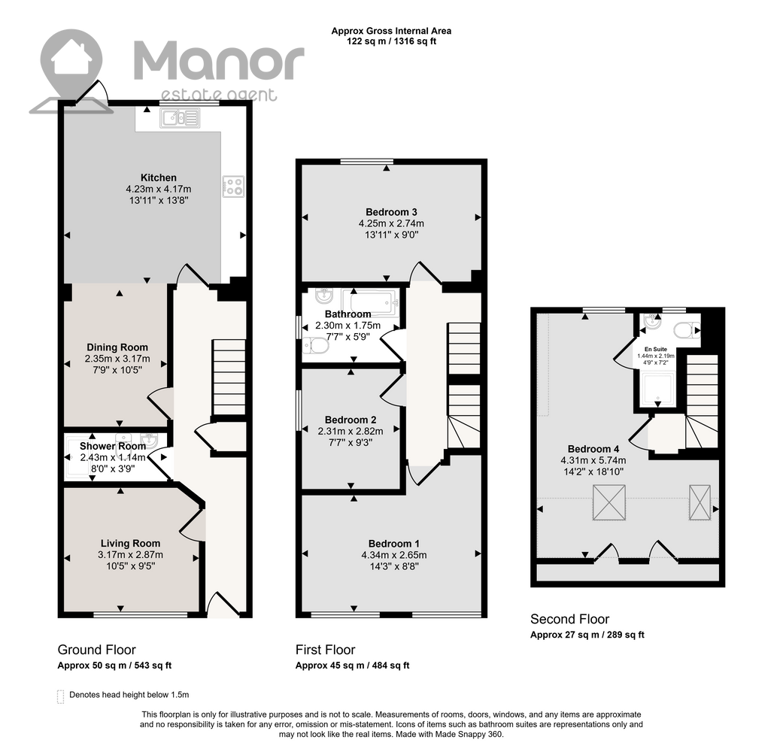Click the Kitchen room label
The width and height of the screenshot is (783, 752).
coord(158,177)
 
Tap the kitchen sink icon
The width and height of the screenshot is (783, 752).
coord(180,118)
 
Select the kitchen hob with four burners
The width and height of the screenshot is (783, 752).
coord(233,186)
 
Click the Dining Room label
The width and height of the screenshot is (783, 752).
coord(117,347)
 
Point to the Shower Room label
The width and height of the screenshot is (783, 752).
coord(113,446)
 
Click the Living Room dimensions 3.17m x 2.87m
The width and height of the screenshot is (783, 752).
coord(130,554)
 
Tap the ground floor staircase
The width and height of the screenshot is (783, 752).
coord(229,377)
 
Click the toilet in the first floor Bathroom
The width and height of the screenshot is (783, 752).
coord(315,345)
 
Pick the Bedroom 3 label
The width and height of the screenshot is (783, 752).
coord(391,212)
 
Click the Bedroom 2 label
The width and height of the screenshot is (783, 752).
coord(351,420)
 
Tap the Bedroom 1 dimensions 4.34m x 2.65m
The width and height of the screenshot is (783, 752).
coord(394,555)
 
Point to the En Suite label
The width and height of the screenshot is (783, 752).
coord(656,350)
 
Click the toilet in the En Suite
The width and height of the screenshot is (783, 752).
coord(687,330)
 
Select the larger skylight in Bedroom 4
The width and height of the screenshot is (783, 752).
coord(609,503)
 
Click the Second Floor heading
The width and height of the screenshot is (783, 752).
coord(570,619)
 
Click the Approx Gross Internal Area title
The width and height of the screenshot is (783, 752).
coord(391,31)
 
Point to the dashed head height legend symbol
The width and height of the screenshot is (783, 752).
coord(61,696)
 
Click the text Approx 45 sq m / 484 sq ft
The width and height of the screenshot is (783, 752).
coord(353,665)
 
